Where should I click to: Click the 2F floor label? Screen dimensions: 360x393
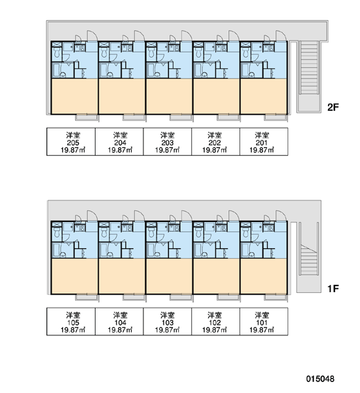[333, 107]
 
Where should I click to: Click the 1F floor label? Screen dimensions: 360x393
[333, 289]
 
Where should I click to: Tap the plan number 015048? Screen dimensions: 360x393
[320, 379]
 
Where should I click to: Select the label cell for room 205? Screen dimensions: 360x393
[71, 141]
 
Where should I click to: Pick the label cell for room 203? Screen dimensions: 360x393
[168, 141]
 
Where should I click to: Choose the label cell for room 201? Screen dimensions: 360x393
[264, 141]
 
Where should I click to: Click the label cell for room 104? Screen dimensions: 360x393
[119, 322]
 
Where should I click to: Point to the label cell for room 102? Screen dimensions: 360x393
[216, 322]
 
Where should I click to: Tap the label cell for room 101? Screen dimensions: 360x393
[264, 322]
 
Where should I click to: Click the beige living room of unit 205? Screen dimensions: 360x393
[75, 96]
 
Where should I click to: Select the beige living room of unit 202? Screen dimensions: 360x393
[217, 96]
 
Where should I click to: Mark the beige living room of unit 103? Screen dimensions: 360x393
[169, 276]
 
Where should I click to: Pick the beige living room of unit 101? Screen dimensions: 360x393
[264, 276]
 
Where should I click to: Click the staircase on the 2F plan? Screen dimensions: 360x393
[310, 67]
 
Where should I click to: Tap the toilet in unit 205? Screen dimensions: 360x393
[57, 53]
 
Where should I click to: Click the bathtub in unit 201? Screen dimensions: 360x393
[245, 71]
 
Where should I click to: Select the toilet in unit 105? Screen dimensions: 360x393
[57, 233]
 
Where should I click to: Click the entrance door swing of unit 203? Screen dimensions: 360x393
[187, 35]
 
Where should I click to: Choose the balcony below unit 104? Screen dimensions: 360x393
[134, 297]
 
